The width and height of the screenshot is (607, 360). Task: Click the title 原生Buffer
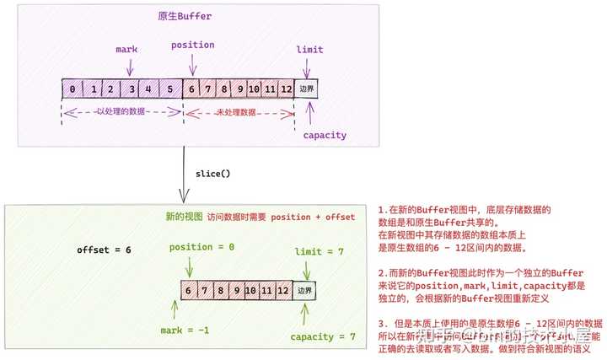click(185, 17)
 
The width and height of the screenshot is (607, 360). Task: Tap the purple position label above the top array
click(193, 45)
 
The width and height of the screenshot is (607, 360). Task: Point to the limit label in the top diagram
click(309, 50)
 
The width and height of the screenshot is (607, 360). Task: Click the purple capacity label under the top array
click(325, 135)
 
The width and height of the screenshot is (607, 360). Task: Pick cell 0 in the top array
click(73, 88)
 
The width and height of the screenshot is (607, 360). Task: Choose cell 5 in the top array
click(170, 88)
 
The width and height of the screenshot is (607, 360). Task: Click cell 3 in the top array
click(132, 88)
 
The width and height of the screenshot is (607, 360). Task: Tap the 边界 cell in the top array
click(306, 88)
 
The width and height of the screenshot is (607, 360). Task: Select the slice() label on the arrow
click(214, 174)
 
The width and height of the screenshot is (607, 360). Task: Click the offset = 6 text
click(104, 250)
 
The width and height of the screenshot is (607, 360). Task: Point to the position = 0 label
click(202, 247)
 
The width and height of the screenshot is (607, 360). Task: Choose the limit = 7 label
click(320, 252)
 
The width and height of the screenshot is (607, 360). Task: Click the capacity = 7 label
click(323, 336)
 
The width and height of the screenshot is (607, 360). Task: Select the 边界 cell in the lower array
click(304, 290)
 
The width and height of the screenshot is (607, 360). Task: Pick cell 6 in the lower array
click(190, 290)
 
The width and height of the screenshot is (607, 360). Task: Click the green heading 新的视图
click(184, 217)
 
